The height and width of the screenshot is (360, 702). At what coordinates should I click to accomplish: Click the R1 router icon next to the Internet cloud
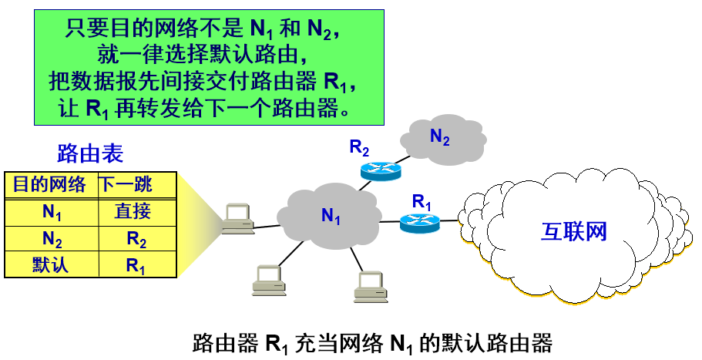pyautogui.click(x=418, y=224)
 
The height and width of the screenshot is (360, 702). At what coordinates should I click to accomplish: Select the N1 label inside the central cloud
pyautogui.click(x=331, y=217)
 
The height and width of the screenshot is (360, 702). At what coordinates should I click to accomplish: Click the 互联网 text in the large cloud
pyautogui.click(x=574, y=231)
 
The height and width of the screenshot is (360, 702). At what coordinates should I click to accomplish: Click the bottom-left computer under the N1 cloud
pyautogui.click(x=269, y=281)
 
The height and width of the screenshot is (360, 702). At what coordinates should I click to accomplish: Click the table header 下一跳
pyautogui.click(x=126, y=185)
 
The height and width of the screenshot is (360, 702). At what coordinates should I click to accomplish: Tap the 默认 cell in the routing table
pyautogui.click(x=51, y=265)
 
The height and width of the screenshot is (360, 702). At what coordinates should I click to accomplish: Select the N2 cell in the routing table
pyautogui.click(x=52, y=239)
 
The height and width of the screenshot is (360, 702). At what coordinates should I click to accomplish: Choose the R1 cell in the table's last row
pyautogui.click(x=136, y=266)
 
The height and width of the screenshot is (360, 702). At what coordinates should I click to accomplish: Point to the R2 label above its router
pyautogui.click(x=360, y=146)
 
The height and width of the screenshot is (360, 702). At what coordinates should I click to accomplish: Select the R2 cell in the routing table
pyautogui.click(x=136, y=239)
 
